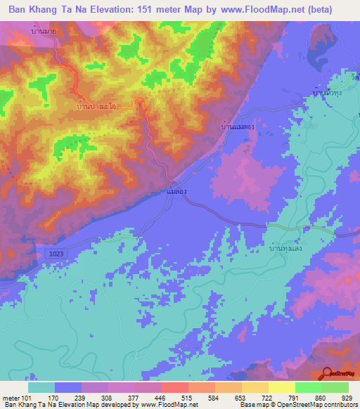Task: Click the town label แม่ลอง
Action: coord(177,190)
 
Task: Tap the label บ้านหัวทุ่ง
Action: coord(328,92)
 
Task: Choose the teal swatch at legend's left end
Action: coord(41,387)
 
